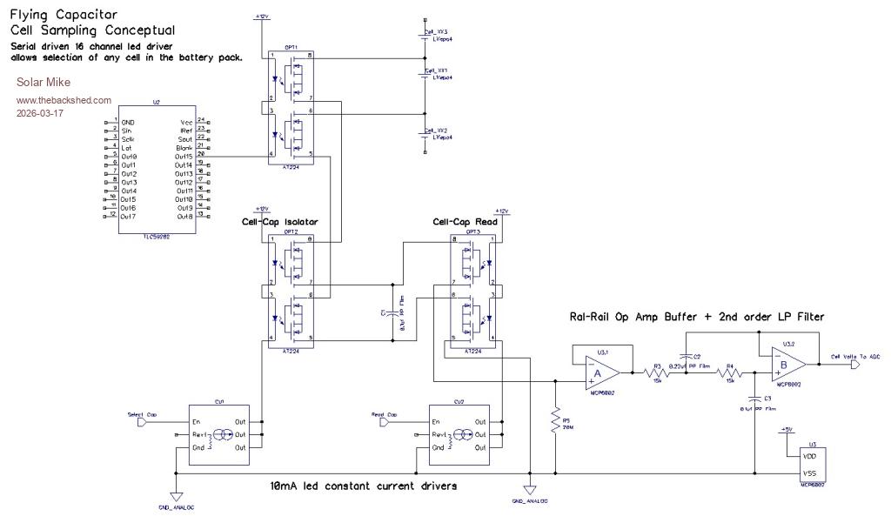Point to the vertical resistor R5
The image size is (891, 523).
pos(554,422)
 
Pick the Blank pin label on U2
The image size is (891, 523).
pos(184,147)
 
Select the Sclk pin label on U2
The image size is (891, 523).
pos(128,138)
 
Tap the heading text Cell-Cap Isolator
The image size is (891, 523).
pos(279,222)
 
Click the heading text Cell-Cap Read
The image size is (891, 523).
pos(466,222)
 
